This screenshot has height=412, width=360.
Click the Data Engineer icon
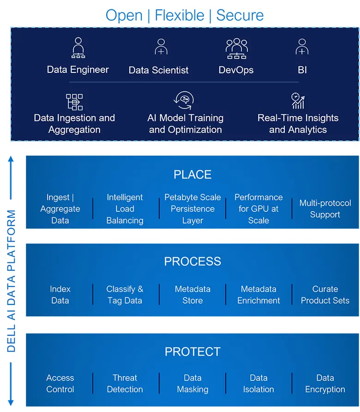[x=78, y=48]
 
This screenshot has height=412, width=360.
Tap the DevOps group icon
[x=236, y=48]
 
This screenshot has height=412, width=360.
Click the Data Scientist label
[x=158, y=71]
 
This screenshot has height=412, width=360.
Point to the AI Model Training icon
[x=185, y=101]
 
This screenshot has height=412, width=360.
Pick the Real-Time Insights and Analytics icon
[x=298, y=101]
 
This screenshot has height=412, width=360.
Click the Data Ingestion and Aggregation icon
[x=74, y=102]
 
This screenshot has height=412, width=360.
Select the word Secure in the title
[x=240, y=15]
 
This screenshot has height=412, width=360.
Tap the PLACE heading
[x=192, y=174]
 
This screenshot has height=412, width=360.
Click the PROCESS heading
[x=192, y=262]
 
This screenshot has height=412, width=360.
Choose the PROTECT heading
[x=192, y=352]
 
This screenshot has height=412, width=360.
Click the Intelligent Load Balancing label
[x=125, y=209]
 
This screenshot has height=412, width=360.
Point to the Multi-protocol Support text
[x=325, y=209]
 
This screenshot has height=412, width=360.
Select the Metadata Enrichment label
[x=258, y=295]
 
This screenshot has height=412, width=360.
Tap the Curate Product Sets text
[x=325, y=295]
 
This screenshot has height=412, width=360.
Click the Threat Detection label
[x=125, y=383]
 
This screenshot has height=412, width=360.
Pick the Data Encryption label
[x=325, y=383]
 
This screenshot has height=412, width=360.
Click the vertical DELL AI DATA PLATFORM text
[x=12, y=281]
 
